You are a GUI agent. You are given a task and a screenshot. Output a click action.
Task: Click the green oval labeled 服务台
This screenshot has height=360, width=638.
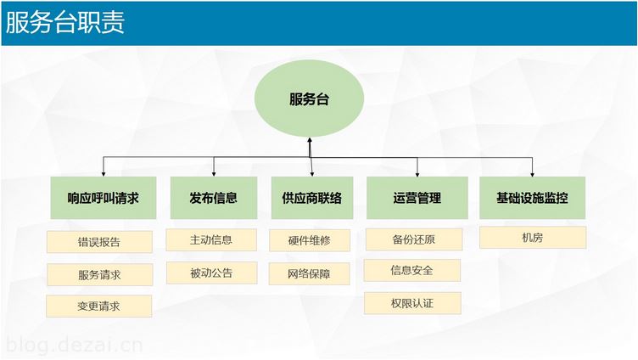[x=309, y=98]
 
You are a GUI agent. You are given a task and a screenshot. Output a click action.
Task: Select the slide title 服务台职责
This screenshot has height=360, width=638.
[x=65, y=22]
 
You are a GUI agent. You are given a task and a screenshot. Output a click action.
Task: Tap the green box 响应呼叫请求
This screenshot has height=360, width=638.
[x=104, y=198]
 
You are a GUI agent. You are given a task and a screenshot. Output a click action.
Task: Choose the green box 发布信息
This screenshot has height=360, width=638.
[x=214, y=198]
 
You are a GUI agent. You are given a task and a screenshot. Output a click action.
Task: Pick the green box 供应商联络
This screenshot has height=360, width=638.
[x=312, y=198]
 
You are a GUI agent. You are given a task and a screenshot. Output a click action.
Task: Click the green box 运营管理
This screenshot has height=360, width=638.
[x=417, y=198]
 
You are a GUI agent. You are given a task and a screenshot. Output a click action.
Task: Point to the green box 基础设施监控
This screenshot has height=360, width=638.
[x=532, y=198]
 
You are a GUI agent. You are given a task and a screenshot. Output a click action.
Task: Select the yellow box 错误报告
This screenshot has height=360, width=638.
[x=100, y=242]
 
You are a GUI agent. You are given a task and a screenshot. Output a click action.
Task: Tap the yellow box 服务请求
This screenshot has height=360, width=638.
[x=100, y=274]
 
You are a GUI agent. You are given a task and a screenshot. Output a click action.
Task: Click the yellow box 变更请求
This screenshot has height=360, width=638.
[x=99, y=307]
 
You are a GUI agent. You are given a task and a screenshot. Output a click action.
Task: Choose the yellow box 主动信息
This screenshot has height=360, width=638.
[x=211, y=240]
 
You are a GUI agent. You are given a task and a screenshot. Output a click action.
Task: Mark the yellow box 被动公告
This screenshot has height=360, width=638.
[x=211, y=273]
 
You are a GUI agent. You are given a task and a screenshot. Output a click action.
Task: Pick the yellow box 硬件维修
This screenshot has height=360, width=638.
[x=310, y=240]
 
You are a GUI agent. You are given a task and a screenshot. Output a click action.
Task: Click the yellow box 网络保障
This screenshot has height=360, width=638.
[x=309, y=273]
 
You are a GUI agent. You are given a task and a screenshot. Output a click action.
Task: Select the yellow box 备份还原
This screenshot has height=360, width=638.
[x=414, y=239]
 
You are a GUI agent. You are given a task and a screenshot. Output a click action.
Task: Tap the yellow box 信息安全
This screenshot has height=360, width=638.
[x=412, y=270]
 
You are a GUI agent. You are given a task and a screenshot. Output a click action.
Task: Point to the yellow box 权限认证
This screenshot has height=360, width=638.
[x=412, y=303]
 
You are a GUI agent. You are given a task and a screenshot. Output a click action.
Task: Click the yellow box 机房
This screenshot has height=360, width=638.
[x=533, y=238]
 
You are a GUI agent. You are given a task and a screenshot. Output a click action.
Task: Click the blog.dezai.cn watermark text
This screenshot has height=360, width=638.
[x=75, y=346]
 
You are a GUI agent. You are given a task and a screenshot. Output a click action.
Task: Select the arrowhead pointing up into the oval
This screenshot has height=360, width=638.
[x=310, y=140]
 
